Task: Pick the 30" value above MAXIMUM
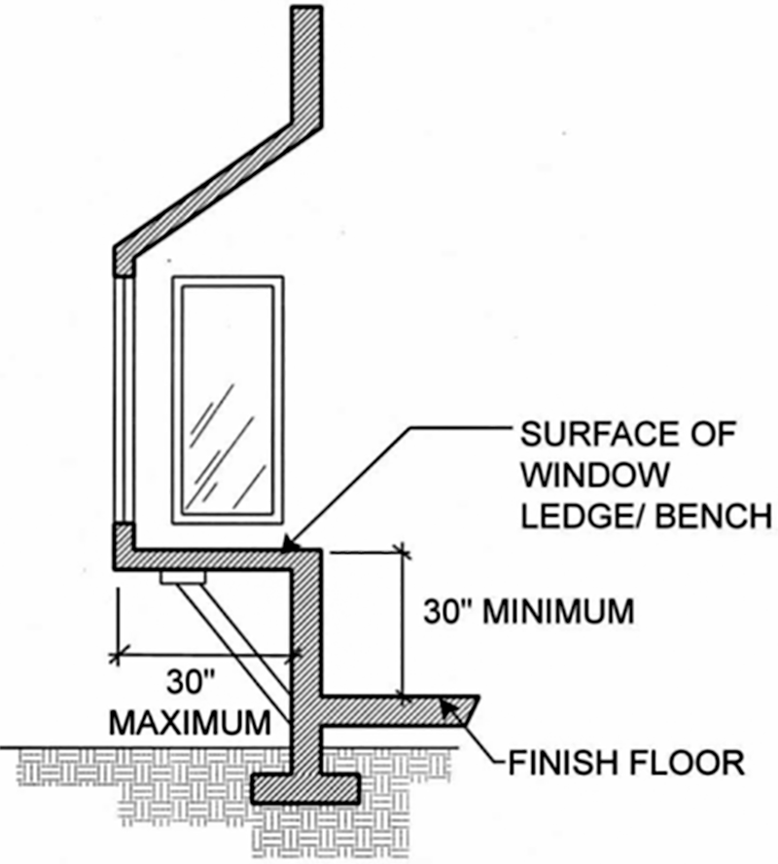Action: coord(187,682)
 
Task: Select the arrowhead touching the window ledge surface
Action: coord(289,546)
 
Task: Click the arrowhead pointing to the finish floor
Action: coord(448,708)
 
